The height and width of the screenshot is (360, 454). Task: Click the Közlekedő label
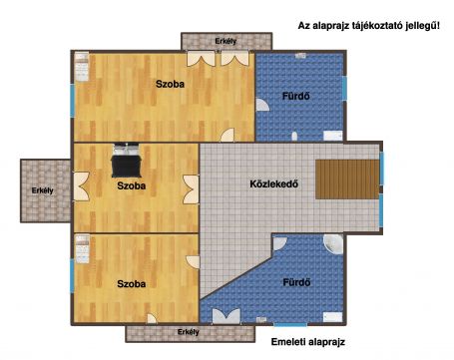click(x=273, y=183)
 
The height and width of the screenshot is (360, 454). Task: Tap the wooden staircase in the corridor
click(x=347, y=180)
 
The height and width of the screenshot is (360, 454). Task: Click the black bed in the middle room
click(x=127, y=161)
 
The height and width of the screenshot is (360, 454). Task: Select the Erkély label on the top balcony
click(x=226, y=41)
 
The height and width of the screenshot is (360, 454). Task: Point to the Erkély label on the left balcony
click(x=42, y=190)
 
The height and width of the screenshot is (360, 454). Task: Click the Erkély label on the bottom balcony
click(x=189, y=332)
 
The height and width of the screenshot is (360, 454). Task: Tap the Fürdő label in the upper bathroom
click(x=296, y=97)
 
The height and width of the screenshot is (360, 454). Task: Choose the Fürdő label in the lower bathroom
click(x=296, y=282)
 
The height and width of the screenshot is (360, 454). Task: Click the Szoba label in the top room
click(x=170, y=84)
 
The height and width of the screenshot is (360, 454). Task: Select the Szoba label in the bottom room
click(x=132, y=284)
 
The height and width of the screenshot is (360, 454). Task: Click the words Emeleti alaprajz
click(x=308, y=342)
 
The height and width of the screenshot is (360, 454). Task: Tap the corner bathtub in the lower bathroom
click(x=333, y=244)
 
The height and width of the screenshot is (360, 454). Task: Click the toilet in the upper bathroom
click(x=294, y=137)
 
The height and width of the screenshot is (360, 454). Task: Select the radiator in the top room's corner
click(x=82, y=67)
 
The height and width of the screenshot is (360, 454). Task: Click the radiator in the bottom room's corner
click(x=82, y=249)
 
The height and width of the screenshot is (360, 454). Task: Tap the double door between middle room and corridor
click(x=191, y=189)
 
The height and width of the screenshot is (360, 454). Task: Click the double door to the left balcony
click(x=82, y=186)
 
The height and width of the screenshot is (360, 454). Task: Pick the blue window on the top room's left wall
click(x=72, y=101)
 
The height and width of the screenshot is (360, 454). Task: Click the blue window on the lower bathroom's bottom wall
click(x=290, y=324)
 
